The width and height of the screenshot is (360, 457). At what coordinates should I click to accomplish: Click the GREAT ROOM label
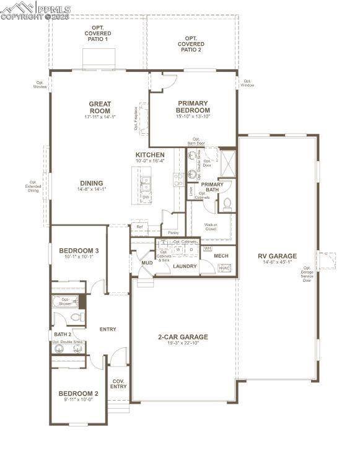pos(99,107)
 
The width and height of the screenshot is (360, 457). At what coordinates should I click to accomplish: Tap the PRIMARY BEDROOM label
pos(193,107)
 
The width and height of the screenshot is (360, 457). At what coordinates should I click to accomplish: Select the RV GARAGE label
pos(277,256)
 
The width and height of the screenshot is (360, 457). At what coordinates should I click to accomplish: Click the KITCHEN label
pos(150,155)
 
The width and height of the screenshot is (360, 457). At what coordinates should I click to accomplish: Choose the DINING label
pos(91,183)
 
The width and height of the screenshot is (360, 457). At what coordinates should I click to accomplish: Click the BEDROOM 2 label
pos(78,394)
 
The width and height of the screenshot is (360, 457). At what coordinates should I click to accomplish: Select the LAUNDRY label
pos(185,266)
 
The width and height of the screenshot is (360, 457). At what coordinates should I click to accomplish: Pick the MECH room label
pos(221,256)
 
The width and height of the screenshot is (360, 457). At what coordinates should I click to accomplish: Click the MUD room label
pos(147,263)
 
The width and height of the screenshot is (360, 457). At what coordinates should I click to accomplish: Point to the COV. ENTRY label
pos(118,384)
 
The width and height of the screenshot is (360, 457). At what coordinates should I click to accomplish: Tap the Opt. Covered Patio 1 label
pos(97,33)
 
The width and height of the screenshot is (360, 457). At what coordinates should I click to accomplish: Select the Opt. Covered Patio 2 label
pos(190,44)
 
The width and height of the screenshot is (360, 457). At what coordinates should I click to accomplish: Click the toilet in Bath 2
pos(77,317)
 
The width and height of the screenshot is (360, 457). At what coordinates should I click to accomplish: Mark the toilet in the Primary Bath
pos(227,202)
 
